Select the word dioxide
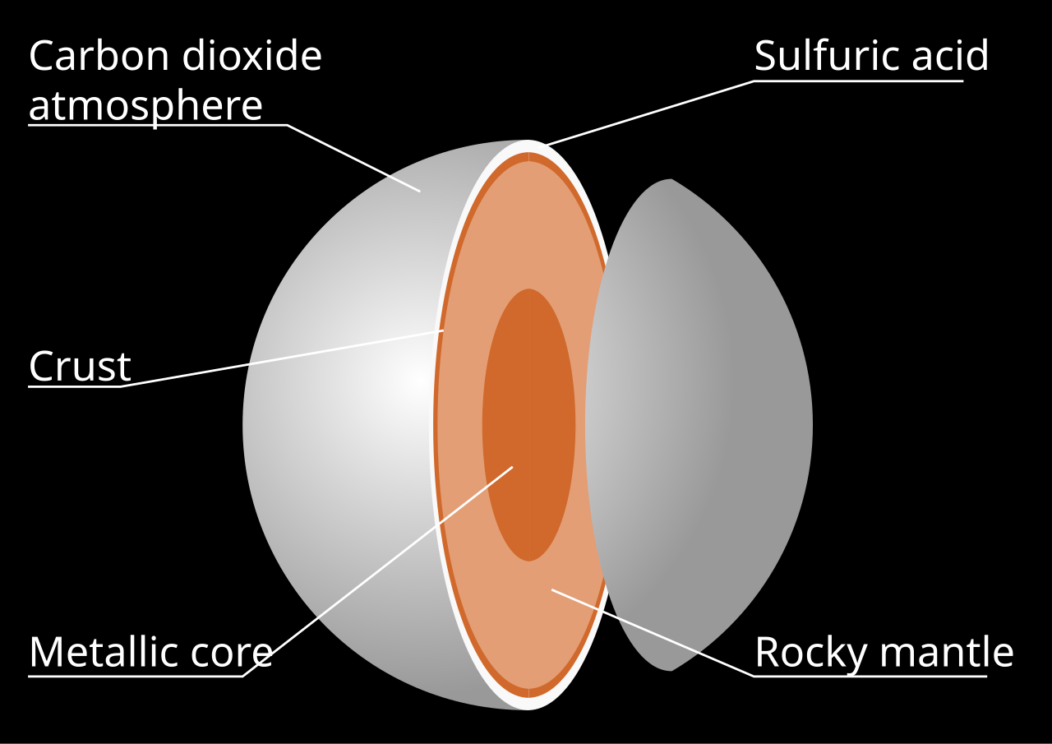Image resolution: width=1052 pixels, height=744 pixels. [250, 56]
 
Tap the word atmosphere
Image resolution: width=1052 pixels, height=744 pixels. [145, 105]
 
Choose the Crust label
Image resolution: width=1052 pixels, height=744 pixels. [80, 367]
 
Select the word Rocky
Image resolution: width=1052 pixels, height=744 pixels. [811, 652]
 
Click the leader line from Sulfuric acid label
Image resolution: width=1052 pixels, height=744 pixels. [649, 113]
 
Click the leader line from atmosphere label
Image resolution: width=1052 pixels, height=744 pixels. [353, 158]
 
